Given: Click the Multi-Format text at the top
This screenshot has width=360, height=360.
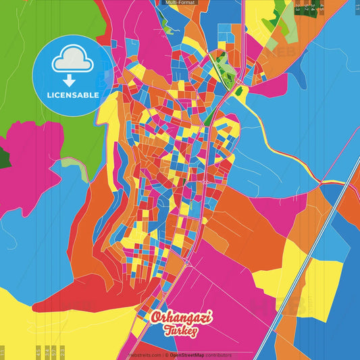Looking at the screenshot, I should pos(179,3).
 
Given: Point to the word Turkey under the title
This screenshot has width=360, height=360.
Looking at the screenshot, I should pos(179,330).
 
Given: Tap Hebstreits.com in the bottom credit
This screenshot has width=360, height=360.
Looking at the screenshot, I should pos(143,354).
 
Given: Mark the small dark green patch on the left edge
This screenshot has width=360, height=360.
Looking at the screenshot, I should pos(4,159).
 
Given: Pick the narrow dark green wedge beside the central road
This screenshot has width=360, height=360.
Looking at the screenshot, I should pos(211,118).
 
